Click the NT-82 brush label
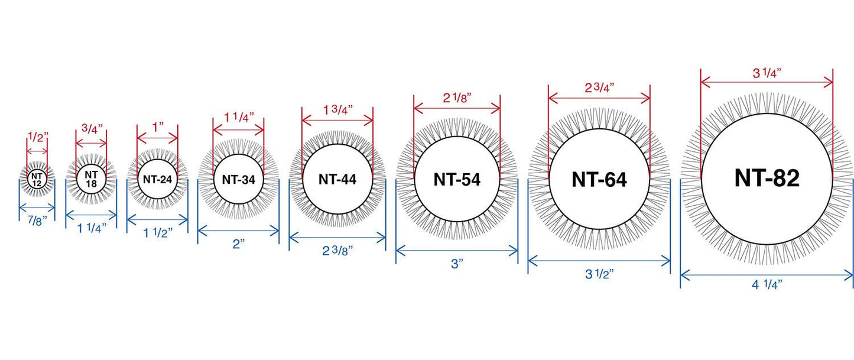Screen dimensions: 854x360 coord(767,178)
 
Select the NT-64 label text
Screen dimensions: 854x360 coord(599,180)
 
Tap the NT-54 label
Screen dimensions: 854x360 coord(457,180)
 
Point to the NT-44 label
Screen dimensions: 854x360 coord(337,179)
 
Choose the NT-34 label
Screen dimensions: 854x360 coord(238,179)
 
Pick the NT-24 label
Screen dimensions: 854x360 coord(157,179)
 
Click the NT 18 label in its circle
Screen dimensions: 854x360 coord(91,179)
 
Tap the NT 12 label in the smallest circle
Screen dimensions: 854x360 coord(37,180)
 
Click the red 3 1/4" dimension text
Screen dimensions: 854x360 coord(767,73)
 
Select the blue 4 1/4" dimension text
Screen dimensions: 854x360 coord(767,284)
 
